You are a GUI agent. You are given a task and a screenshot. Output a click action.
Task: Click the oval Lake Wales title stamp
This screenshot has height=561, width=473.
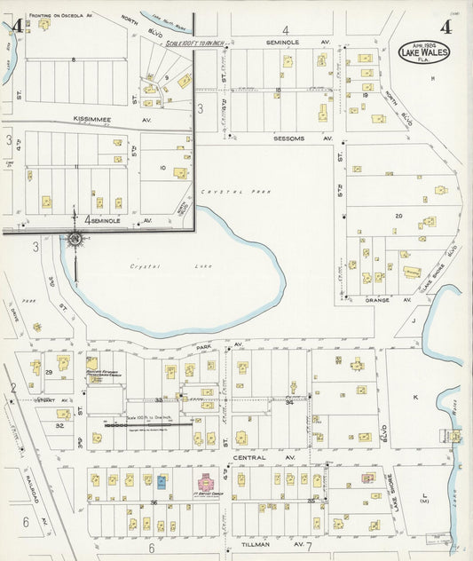tap(424, 51)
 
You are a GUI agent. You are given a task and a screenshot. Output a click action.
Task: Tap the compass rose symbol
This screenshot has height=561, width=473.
tap(75, 238)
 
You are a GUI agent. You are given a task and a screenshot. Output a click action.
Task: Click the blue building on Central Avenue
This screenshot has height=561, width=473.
tap(162, 481)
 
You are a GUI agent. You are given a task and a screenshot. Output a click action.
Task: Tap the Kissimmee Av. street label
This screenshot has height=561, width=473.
tap(98, 118)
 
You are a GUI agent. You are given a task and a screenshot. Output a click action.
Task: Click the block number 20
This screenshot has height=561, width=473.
tap(398, 216)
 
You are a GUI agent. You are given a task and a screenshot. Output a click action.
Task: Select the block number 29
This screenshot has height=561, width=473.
tap(50, 372)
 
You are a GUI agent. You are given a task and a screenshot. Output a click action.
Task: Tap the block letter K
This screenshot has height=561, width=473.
tap(414, 397)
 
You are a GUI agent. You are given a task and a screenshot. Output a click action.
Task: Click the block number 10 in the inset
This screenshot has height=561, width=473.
tap(162, 167)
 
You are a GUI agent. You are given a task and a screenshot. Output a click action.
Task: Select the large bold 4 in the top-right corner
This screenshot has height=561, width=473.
tap(445, 26)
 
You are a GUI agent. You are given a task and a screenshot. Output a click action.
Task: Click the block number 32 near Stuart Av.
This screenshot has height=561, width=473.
tap(60, 425)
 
